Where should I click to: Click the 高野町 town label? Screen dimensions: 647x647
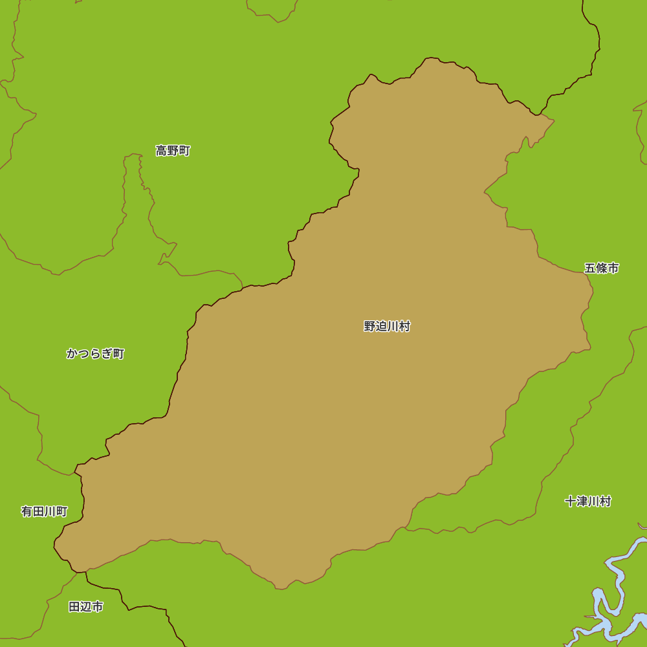(173, 151)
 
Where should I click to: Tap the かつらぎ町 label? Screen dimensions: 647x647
(95, 354)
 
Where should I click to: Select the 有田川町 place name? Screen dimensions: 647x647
(44, 512)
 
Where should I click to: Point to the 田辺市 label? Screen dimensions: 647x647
(86, 607)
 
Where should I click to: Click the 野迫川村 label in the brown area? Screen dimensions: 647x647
(387, 327)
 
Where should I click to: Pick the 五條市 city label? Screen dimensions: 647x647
(602, 268)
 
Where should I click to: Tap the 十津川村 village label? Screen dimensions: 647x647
(587, 501)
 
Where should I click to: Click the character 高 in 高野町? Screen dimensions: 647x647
(161, 151)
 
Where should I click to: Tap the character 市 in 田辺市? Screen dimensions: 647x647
(98, 607)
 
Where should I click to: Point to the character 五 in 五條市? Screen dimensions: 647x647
(590, 268)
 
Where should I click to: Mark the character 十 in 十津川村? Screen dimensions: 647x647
(570, 501)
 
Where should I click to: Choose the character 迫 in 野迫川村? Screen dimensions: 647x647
(381, 327)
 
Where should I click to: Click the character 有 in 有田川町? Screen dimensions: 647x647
(27, 512)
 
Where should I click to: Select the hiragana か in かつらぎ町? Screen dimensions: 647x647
(72, 354)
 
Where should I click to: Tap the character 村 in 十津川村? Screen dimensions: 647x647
(605, 501)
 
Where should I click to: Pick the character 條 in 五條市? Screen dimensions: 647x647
(602, 268)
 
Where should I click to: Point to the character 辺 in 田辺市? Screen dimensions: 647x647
(86, 607)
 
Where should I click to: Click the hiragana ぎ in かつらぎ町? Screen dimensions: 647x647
(107, 354)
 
